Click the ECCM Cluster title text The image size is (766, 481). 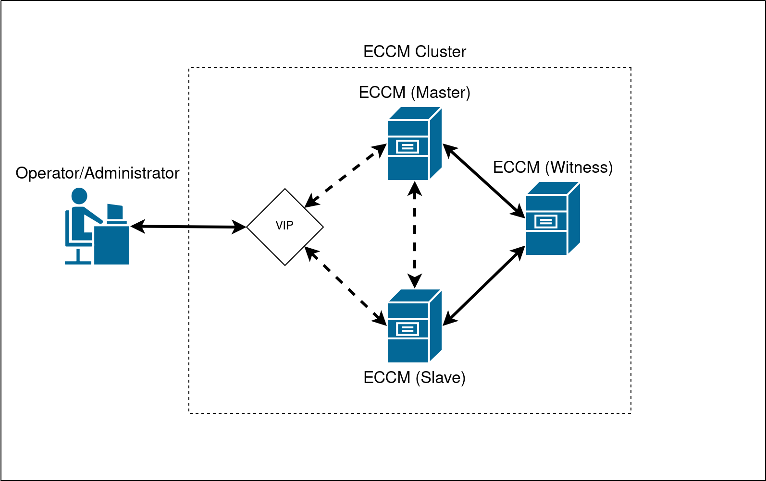tap(414, 52)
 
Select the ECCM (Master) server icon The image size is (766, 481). tap(414, 144)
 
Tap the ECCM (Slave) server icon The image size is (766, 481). tap(414, 326)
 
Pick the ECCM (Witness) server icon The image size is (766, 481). tap(553, 218)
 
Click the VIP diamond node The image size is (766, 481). tap(285, 227)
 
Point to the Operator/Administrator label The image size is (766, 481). tap(98, 173)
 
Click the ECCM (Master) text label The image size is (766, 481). tap(414, 92)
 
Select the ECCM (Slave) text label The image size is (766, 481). tap(414, 377)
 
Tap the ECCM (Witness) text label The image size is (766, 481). tap(553, 167)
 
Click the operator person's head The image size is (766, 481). tap(79, 196)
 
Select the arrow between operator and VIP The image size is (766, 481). tap(188, 227)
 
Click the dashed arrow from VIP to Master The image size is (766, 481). tap(346, 176)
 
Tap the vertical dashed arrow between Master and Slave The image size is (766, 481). tap(415, 234)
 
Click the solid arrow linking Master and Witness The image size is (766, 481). tap(483, 180)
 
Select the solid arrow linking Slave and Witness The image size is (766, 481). tap(483, 286)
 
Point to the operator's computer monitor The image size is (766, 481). tap(115, 212)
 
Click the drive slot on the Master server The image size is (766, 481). tap(408, 146)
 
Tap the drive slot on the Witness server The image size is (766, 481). tap(546, 221)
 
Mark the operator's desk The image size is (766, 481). tap(112, 245)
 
